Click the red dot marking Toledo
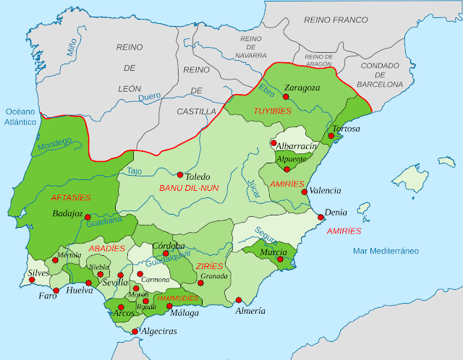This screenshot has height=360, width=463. (179, 174)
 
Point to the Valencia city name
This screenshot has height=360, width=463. (325, 191)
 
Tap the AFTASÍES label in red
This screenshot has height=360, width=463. (71, 197)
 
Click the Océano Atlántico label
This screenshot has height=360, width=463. (20, 117)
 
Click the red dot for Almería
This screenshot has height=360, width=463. (239, 300)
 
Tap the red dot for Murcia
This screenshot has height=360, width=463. (282, 252)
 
